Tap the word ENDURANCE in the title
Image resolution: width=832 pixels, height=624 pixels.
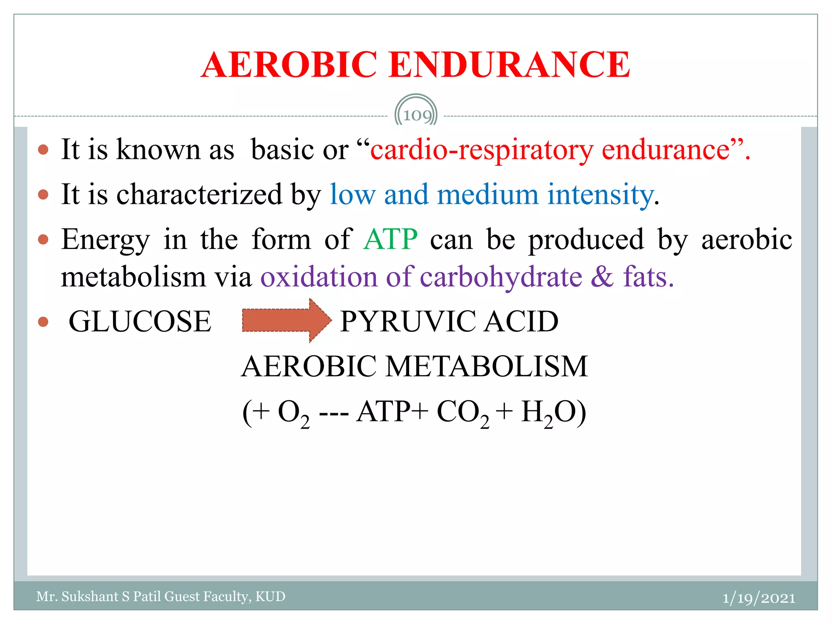click(509, 65)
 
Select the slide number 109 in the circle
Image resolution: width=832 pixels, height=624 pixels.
click(416, 115)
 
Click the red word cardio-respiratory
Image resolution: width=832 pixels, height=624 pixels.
click(481, 150)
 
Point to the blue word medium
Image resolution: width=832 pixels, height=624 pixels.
click(487, 195)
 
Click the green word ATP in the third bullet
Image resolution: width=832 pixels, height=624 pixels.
click(390, 239)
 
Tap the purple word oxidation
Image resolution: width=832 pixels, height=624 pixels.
click(318, 277)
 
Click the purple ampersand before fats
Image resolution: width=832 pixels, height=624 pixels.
click(602, 277)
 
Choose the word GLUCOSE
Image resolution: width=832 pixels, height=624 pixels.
click(140, 321)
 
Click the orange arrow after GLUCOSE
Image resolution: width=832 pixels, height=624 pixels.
click(287, 321)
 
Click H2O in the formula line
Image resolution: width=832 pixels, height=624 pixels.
click(548, 413)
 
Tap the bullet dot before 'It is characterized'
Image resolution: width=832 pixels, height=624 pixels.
click(43, 195)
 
